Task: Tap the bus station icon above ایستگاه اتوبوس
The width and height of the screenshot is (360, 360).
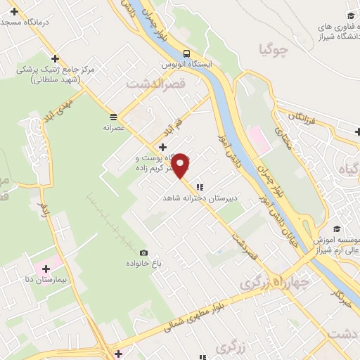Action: pos(186,53)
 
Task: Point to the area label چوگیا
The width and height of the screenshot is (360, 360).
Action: pos(274,49)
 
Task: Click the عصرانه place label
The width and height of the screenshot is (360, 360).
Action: pos(113,128)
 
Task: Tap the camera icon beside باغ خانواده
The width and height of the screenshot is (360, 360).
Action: pos(144,253)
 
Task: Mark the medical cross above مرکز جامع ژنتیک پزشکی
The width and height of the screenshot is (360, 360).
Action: pos(55,58)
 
